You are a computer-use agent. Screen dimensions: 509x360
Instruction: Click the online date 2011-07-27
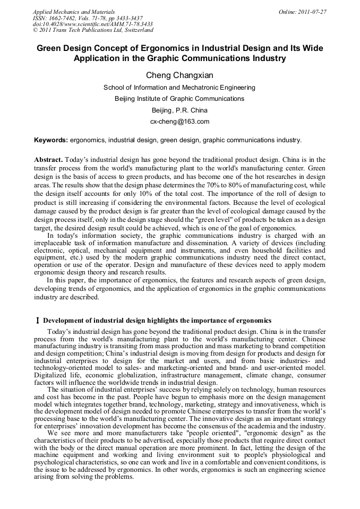pyautogui.click(x=303, y=12)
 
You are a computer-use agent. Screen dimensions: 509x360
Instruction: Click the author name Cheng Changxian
pyautogui.click(x=179, y=75)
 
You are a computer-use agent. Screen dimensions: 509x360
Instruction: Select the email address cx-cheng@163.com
pyautogui.click(x=179, y=122)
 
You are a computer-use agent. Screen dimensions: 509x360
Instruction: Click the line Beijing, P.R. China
pyautogui.click(x=179, y=110)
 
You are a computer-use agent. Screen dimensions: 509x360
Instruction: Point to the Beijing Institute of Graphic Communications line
pyautogui.click(x=179, y=99)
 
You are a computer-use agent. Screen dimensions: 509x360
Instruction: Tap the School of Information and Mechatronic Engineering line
pyautogui.click(x=179, y=87)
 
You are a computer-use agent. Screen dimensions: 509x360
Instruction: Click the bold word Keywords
pyautogui.click(x=50, y=140)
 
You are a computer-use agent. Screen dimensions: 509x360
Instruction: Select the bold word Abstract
pyautogui.click(x=48, y=160)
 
